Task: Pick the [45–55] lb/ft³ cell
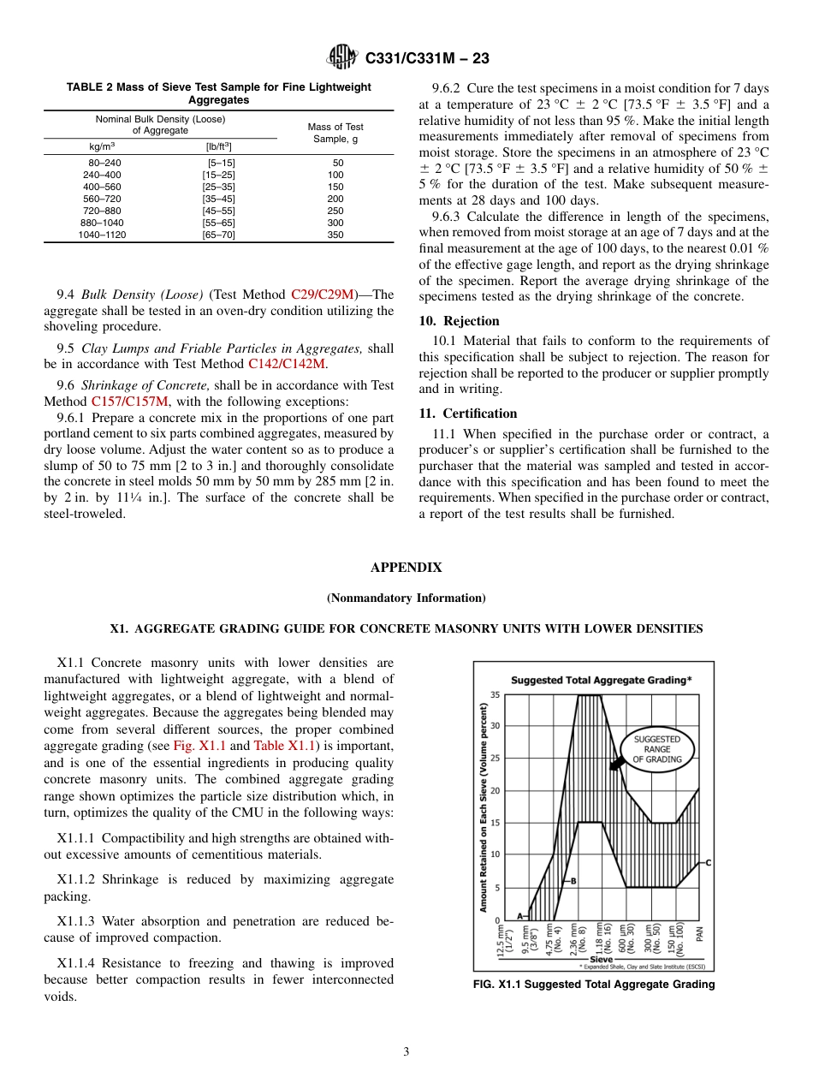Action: [218, 211]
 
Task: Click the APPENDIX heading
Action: [406, 568]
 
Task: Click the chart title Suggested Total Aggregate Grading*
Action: [601, 680]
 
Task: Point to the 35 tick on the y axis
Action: [496, 694]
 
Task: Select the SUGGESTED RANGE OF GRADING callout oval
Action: [658, 749]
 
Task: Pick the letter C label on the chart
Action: [709, 863]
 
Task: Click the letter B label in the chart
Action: [573, 881]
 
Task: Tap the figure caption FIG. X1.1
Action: [593, 985]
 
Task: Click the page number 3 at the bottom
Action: [406, 1052]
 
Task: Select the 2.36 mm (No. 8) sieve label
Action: [578, 940]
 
